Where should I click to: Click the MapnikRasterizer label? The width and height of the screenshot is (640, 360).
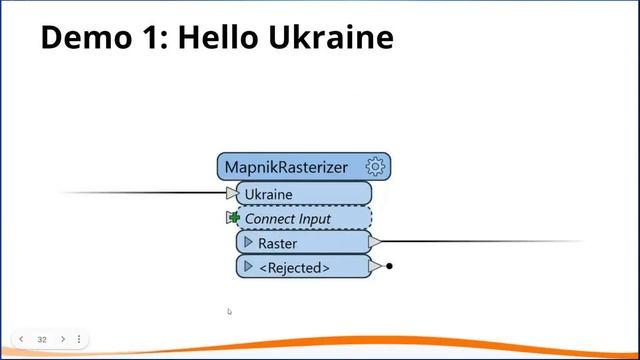click(x=286, y=167)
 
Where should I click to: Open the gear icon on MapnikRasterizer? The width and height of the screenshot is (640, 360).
click(x=376, y=167)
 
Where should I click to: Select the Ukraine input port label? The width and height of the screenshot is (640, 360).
click(x=269, y=193)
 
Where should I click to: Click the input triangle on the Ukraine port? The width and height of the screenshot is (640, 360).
click(x=233, y=193)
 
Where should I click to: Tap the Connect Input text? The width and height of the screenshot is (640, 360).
click(x=288, y=218)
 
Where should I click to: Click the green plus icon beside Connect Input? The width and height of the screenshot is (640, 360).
click(x=234, y=218)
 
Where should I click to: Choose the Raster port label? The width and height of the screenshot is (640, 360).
click(x=277, y=243)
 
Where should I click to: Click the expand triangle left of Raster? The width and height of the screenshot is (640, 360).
click(x=248, y=242)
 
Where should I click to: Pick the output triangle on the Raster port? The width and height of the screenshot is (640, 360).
click(x=374, y=242)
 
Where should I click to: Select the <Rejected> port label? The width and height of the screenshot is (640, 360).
click(x=294, y=268)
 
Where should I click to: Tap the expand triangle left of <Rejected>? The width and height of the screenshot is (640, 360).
click(x=248, y=267)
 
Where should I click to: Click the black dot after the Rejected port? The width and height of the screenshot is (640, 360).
click(x=389, y=266)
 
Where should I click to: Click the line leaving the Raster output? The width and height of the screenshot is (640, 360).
click(x=480, y=241)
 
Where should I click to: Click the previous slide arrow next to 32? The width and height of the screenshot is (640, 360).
click(x=21, y=339)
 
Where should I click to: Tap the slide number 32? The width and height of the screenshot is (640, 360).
click(x=42, y=339)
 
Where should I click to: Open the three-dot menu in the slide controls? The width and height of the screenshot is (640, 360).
click(x=79, y=339)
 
